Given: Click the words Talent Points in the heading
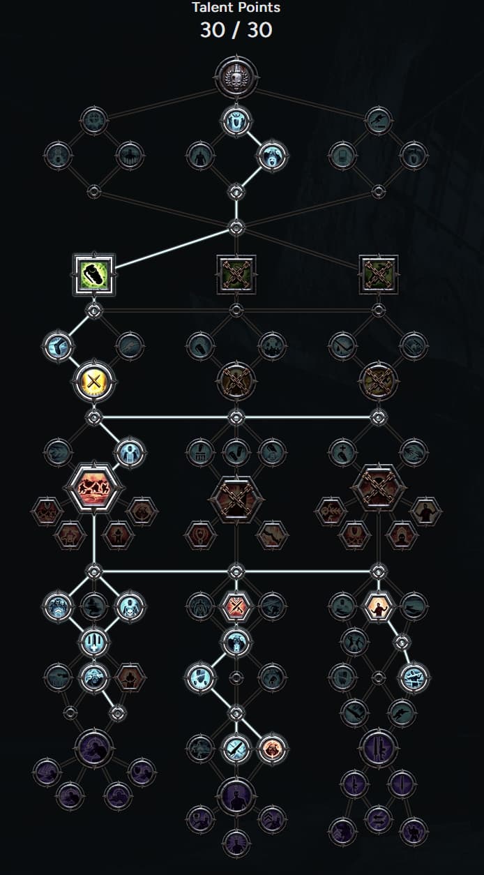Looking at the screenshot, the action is point(236,7).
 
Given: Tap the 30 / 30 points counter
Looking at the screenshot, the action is point(236,30).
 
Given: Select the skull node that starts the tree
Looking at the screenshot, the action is point(236,77).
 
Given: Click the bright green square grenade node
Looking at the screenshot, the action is point(93,274).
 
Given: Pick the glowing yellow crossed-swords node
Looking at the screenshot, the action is point(93,381).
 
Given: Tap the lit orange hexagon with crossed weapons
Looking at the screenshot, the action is point(236,606).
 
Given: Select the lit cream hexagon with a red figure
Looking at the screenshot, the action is point(378,606).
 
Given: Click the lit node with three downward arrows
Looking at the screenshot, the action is point(93,641).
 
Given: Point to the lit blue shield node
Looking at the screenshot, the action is point(200,677).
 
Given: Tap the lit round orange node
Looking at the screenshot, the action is point(272,749).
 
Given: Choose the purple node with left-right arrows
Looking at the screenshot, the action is point(378,819).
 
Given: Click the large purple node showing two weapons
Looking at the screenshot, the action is point(378,749).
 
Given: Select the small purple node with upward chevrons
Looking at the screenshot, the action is point(272,819).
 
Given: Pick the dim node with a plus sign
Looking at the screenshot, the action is point(342,452).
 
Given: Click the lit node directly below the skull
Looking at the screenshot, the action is point(236,121).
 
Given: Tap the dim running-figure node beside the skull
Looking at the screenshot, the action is point(378,120).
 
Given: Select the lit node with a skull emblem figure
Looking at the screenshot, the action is point(130,606).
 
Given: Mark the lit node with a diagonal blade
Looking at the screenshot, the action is point(236,749).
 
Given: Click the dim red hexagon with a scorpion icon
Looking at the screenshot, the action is point(331,511).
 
